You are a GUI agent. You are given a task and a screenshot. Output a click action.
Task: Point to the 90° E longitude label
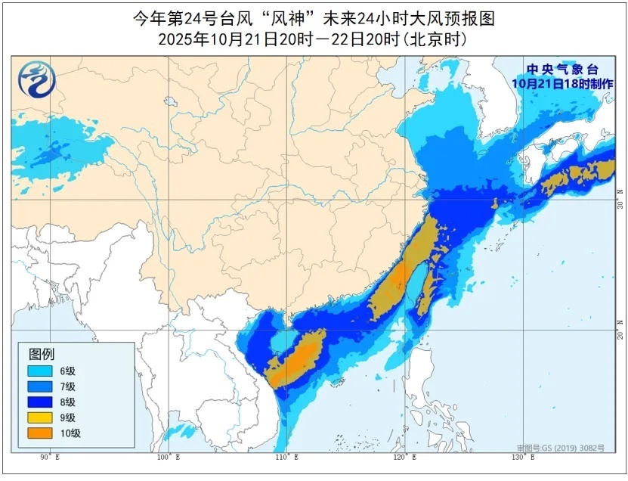coord(50,458)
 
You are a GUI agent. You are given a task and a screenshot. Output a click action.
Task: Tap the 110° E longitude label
coord(286,458)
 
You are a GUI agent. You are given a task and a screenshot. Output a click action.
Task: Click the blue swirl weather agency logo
coord(34,79)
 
